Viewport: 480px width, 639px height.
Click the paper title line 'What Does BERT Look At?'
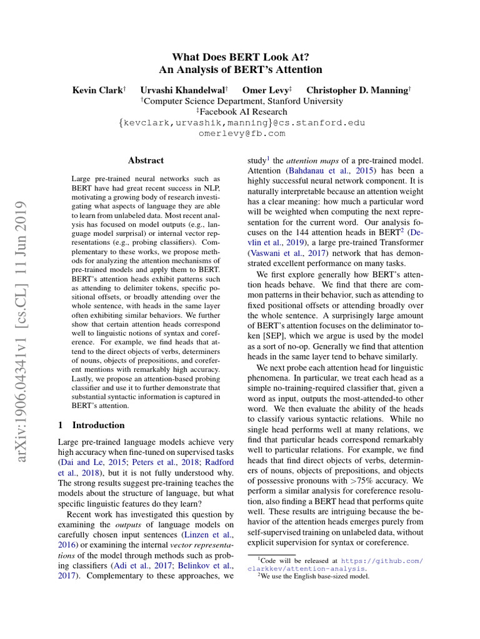click(x=240, y=56)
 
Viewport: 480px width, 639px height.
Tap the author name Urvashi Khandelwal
click(x=183, y=90)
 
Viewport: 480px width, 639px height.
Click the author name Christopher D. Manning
click(x=358, y=90)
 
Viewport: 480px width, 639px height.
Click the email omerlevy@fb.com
click(x=241, y=134)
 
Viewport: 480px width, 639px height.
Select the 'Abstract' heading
click(x=146, y=160)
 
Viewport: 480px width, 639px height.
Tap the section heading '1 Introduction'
click(x=91, y=425)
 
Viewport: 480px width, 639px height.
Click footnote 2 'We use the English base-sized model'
click(x=312, y=577)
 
